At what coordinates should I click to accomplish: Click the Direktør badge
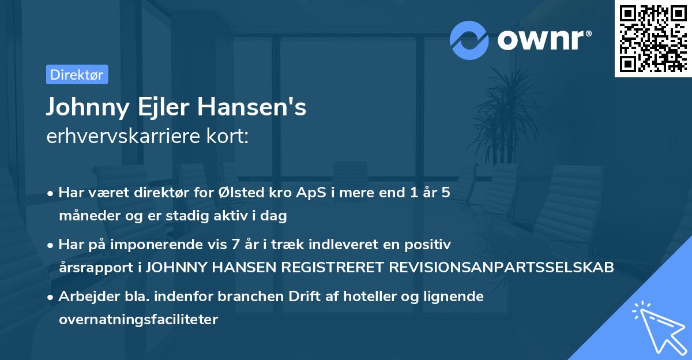point(77,74)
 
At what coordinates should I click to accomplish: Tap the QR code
point(652,38)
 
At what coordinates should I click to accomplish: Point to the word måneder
point(86,216)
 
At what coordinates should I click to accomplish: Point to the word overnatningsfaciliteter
point(138,320)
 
